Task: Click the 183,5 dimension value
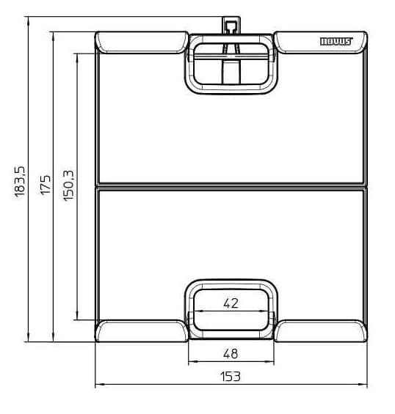point(19,180)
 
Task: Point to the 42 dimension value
point(231,303)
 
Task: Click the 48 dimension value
point(231,353)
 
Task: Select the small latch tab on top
point(231,26)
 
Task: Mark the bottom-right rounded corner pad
point(321,331)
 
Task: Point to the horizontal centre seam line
point(231,184)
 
